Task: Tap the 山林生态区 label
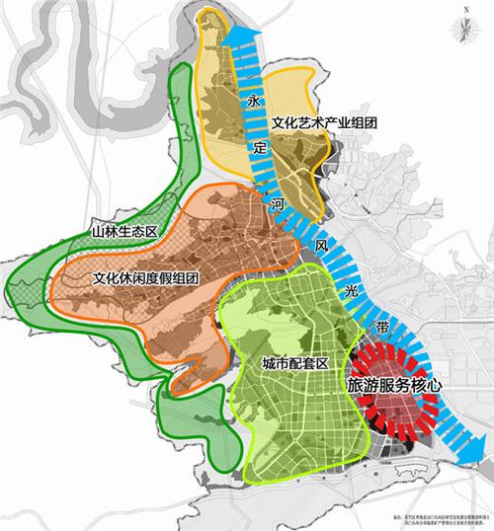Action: coord(123,229)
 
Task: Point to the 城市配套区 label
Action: coord(295,363)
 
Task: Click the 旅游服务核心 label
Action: coord(391,386)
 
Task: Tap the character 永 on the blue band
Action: coord(253,101)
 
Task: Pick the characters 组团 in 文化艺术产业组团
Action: coord(365,122)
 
